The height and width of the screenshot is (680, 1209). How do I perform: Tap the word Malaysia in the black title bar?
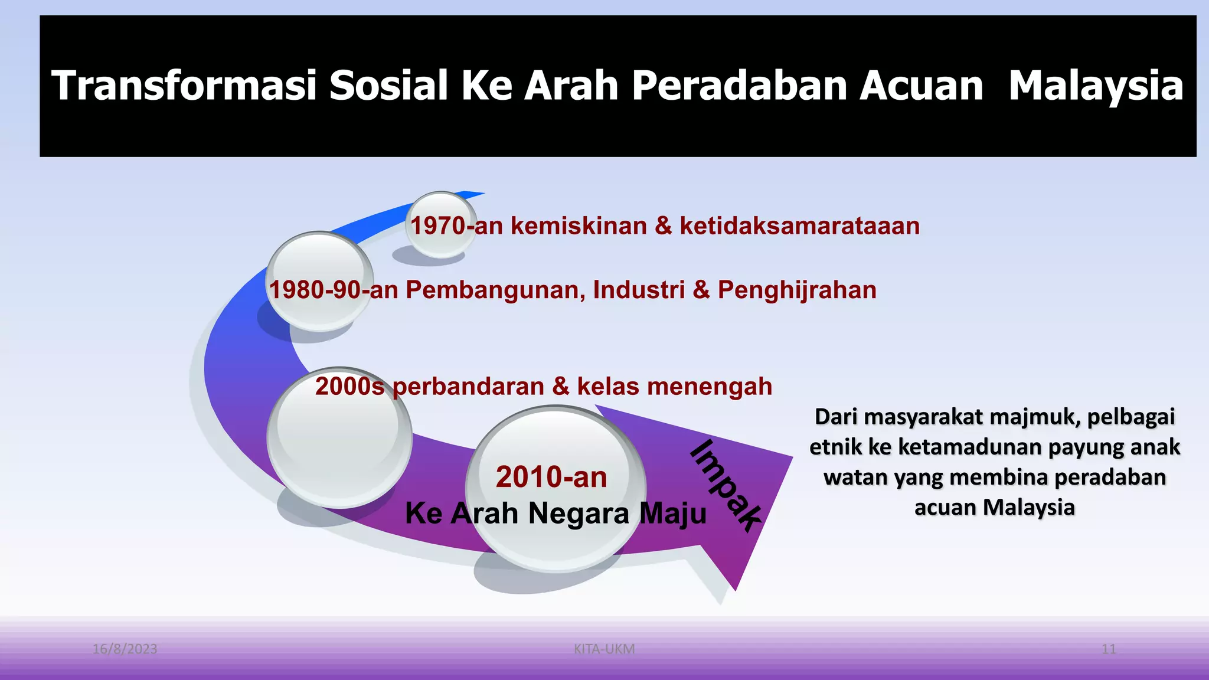tap(1096, 86)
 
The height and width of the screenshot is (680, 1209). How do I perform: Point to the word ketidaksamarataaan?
tap(799, 226)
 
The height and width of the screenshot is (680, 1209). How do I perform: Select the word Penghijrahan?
tap(796, 290)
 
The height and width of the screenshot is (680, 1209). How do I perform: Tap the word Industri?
tap(639, 290)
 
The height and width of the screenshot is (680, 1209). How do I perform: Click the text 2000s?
tap(349, 387)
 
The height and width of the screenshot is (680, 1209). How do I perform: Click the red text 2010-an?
tap(551, 477)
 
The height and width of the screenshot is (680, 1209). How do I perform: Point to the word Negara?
tap(579, 513)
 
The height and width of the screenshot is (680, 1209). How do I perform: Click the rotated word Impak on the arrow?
tap(725, 485)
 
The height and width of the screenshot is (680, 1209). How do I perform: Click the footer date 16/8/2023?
tap(125, 649)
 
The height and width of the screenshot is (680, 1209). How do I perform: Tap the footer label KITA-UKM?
tap(604, 649)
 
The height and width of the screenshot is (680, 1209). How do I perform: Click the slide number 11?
tap(1108, 649)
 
